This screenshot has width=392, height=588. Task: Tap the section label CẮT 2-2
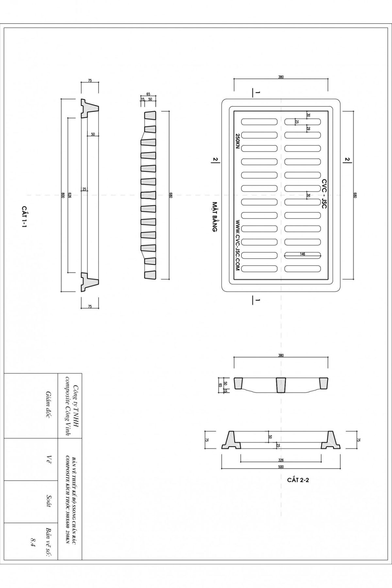click(x=298, y=480)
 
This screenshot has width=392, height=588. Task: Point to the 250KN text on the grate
click(x=237, y=141)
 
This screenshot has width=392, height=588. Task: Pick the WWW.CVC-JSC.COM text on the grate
click(x=237, y=245)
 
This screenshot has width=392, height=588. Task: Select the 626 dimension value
click(x=69, y=195)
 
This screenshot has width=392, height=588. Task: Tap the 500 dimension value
click(x=281, y=467)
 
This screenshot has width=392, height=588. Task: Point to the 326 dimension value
click(x=281, y=460)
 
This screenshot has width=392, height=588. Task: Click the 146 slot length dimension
click(x=302, y=254)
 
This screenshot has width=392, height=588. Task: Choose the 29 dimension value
click(x=308, y=129)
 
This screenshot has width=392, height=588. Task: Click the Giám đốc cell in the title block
click(x=49, y=405)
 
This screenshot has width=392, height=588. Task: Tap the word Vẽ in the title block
click(x=49, y=460)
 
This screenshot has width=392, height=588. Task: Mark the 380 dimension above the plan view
click(x=281, y=77)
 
